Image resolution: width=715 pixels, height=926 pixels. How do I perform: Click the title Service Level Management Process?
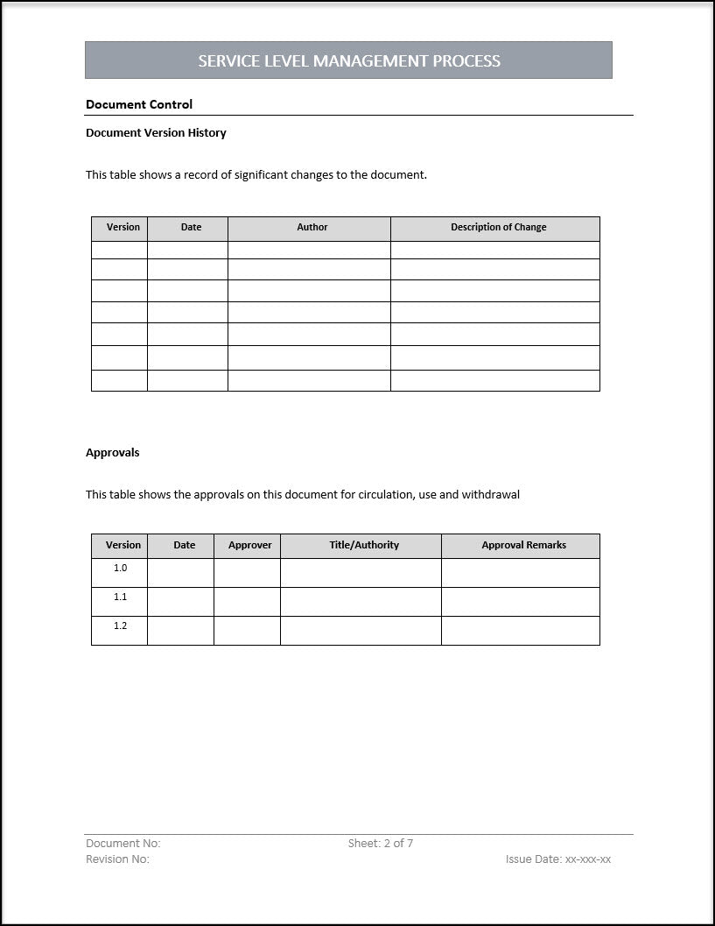[x=349, y=61]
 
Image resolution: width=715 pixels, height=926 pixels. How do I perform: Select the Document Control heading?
[x=139, y=104]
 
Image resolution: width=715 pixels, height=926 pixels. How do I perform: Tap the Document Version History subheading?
[x=156, y=133]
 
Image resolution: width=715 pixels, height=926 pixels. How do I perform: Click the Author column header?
[x=312, y=228]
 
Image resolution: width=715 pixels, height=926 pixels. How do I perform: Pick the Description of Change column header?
[x=498, y=228]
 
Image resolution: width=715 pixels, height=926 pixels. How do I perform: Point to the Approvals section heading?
[x=112, y=453]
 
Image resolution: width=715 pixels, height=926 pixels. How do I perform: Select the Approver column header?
[x=249, y=545]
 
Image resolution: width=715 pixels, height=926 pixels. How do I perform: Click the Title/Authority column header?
[x=364, y=545]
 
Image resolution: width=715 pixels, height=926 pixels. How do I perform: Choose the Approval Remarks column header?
[x=523, y=545]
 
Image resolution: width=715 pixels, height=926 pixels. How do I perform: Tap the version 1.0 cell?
[x=120, y=569]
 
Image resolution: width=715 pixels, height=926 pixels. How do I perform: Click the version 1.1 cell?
[x=120, y=597]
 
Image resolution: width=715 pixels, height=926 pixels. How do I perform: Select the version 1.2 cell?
[x=120, y=626]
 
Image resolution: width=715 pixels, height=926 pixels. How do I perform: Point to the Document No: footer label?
[x=123, y=844]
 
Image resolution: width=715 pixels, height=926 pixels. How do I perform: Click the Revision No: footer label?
[x=117, y=859]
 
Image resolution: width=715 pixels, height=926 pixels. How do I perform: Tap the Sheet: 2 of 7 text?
[x=381, y=844]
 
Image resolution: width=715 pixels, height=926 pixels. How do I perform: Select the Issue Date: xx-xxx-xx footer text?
[x=558, y=859]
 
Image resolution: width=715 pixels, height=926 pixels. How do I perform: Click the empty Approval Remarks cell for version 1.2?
[x=520, y=631]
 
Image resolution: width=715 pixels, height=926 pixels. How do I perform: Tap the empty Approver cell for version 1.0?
[x=247, y=573]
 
